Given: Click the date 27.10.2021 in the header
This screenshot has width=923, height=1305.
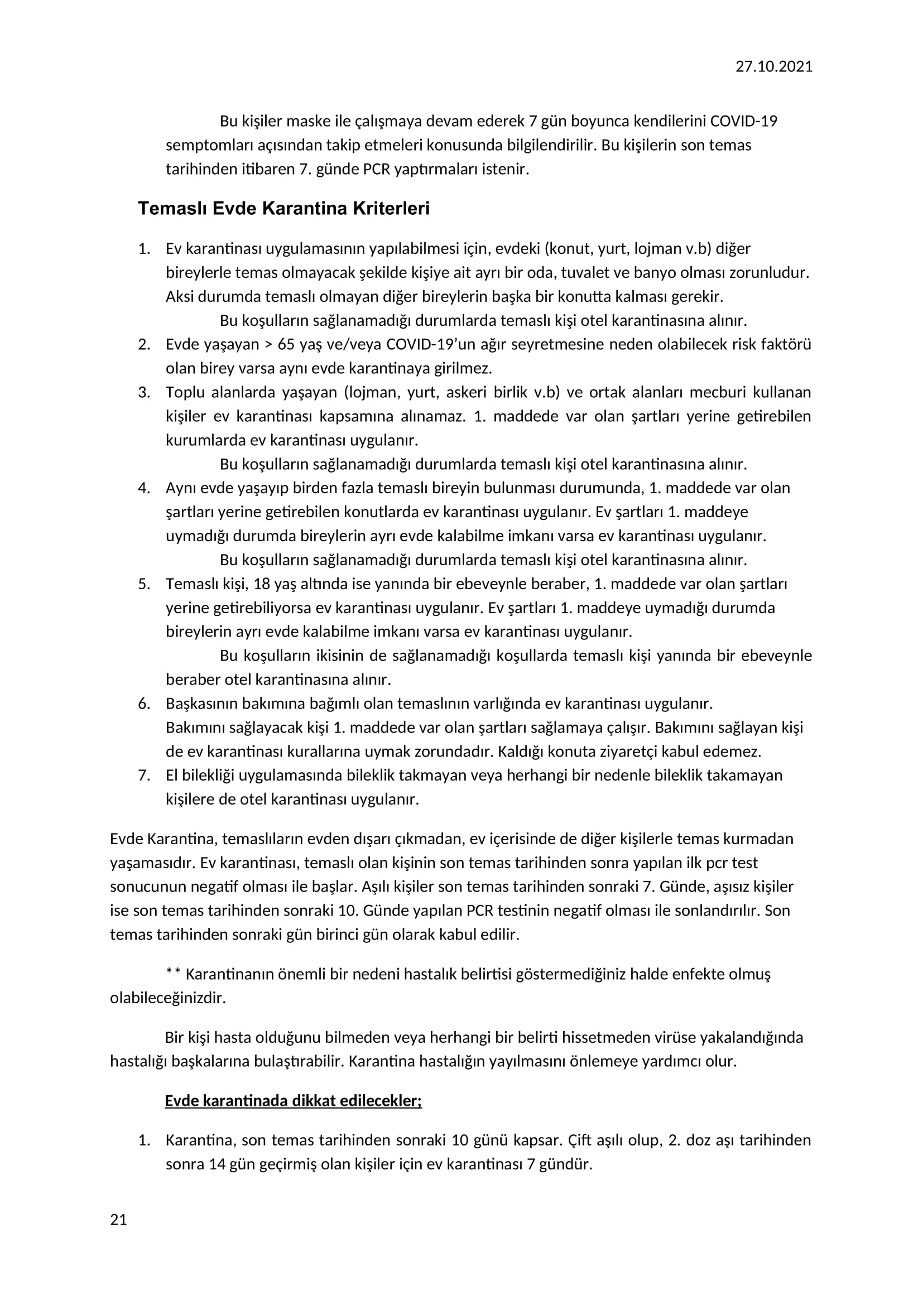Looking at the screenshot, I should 773,67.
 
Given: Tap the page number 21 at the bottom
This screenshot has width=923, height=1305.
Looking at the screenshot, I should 118,1220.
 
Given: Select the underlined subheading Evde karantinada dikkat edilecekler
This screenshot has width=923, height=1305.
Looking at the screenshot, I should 293,1101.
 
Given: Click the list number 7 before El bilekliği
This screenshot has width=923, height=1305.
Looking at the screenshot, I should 144,776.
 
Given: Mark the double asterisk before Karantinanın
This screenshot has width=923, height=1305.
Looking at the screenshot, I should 174,974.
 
